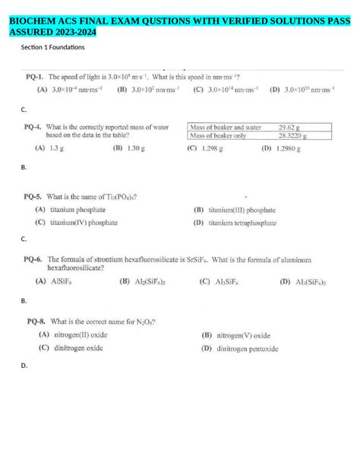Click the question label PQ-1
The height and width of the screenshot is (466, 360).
click(x=33, y=78)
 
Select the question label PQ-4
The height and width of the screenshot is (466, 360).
click(x=33, y=128)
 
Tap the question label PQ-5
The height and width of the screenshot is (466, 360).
click(x=33, y=196)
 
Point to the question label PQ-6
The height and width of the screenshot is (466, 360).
click(x=33, y=258)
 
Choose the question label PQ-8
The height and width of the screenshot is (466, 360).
click(x=36, y=321)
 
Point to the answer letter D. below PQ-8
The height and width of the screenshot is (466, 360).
click(x=24, y=366)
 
